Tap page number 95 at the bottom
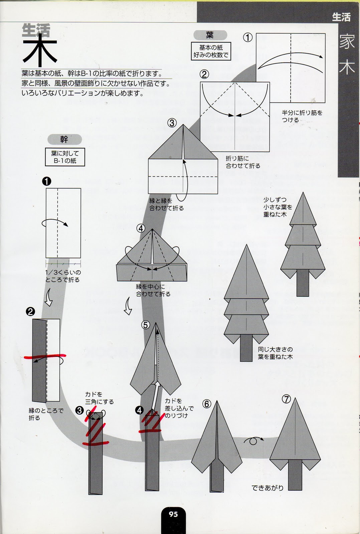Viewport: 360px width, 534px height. pos(173,514)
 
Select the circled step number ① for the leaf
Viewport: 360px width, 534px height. pos(248,37)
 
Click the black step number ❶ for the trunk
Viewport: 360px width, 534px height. pos(47,181)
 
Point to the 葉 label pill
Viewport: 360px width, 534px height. pos(210,35)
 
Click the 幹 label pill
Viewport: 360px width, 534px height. pos(64,139)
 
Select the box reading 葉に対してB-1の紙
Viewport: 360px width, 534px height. pos(65,157)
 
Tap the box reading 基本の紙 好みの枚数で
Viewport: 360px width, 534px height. pos(211,51)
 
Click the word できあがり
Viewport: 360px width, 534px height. pos(268,488)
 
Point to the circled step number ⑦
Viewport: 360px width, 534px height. pos(287,399)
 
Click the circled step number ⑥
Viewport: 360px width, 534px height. pos(207,404)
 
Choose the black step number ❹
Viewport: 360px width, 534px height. pos(139,410)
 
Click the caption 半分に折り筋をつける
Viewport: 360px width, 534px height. pos(302,116)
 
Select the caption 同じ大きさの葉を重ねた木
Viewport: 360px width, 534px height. pos(275,353)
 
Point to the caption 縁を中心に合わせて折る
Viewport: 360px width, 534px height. pos(153,290)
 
